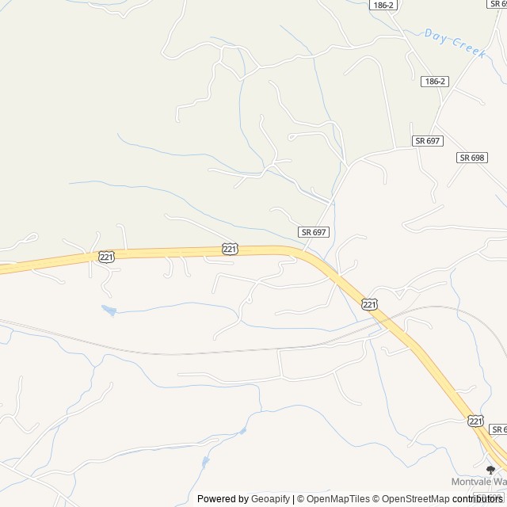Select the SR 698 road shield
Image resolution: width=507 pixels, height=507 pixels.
(x=471, y=158)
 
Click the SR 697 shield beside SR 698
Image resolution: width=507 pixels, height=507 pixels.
(x=427, y=140)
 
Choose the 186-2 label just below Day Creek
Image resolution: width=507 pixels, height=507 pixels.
(x=435, y=82)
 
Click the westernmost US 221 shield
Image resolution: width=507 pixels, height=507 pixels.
(x=107, y=257)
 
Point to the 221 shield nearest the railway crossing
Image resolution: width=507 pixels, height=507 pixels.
(x=370, y=304)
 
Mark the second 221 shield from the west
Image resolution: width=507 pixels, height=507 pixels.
(x=229, y=249)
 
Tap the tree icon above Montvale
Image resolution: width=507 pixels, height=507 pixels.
(x=490, y=469)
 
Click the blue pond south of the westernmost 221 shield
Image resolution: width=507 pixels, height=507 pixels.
(x=109, y=311)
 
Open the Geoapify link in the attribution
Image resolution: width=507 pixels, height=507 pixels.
(x=271, y=499)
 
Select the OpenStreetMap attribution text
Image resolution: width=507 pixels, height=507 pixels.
(x=411, y=499)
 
